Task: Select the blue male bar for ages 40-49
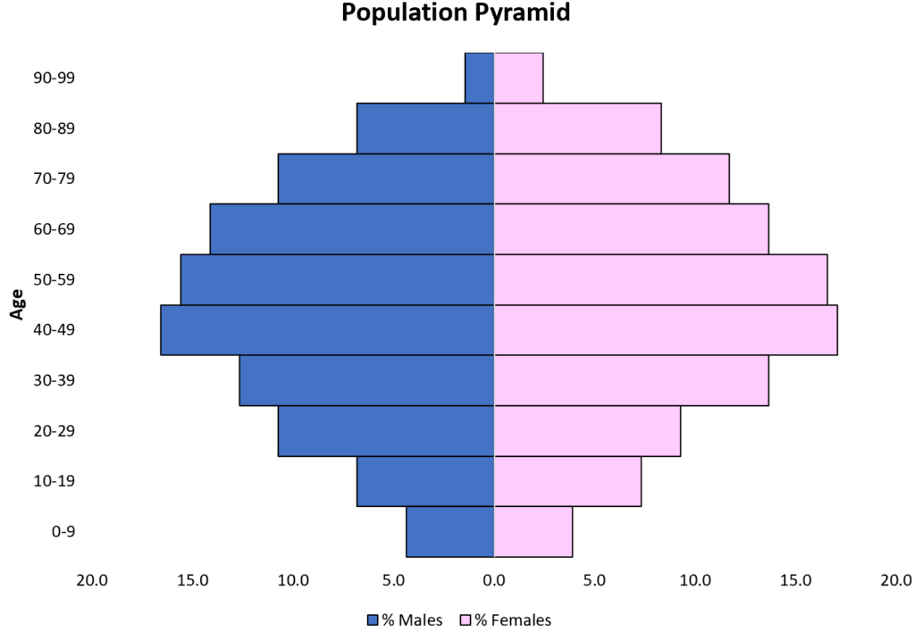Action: (327, 330)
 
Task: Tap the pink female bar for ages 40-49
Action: (666, 330)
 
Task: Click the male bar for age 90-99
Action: (480, 78)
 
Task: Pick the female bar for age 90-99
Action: (518, 78)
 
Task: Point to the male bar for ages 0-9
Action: (450, 532)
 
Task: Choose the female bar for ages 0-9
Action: (533, 532)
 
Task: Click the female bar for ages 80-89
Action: (577, 129)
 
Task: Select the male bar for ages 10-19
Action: (425, 482)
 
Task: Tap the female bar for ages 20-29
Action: (587, 431)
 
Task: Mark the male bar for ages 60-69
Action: (352, 229)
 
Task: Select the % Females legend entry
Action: (506, 619)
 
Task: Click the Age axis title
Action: (16, 303)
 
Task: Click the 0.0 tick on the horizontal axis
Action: (494, 580)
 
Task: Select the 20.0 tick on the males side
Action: (92, 580)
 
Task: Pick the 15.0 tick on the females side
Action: (795, 580)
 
